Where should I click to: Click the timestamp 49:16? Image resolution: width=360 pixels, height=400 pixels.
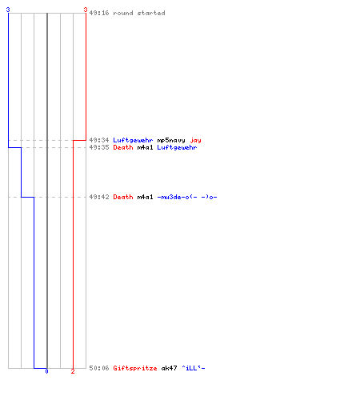pyautogui.click(x=99, y=13)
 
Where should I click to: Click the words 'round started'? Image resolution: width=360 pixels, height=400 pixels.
pyautogui.click(x=139, y=13)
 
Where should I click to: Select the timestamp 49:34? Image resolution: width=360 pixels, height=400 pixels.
pyautogui.click(x=99, y=140)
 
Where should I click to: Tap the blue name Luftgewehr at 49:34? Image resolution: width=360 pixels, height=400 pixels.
pyautogui.click(x=133, y=140)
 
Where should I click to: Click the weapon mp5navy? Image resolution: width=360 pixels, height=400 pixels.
pyautogui.click(x=171, y=140)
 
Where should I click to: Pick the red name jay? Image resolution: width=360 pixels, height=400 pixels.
pyautogui.click(x=195, y=141)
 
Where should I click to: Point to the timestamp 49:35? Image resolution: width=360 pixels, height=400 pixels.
pyautogui.click(x=99, y=147)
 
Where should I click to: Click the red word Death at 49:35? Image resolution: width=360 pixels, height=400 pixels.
pyautogui.click(x=123, y=147)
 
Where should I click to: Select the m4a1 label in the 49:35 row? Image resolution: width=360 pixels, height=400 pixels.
pyautogui.click(x=145, y=147)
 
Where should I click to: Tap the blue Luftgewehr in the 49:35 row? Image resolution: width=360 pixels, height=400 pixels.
pyautogui.click(x=177, y=147)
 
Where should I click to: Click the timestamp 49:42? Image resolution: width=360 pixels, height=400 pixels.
pyautogui.click(x=99, y=197)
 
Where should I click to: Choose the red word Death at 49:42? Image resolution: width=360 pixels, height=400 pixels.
pyautogui.click(x=123, y=197)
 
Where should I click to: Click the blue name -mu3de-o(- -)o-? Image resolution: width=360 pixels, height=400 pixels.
pyautogui.click(x=187, y=197)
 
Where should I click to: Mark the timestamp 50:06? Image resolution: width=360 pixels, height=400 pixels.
pyautogui.click(x=99, y=368)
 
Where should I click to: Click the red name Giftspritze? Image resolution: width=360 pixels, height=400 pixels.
pyautogui.click(x=135, y=368)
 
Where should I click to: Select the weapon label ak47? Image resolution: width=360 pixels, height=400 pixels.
pyautogui.click(x=169, y=368)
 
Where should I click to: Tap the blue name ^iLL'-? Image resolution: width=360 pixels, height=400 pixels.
pyautogui.click(x=194, y=368)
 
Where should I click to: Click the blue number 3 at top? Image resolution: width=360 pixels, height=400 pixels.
pyautogui.click(x=8, y=10)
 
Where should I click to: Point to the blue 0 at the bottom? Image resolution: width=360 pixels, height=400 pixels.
pyautogui.click(x=46, y=371)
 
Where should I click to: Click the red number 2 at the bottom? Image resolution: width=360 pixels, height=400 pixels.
pyautogui.click(x=73, y=371)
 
